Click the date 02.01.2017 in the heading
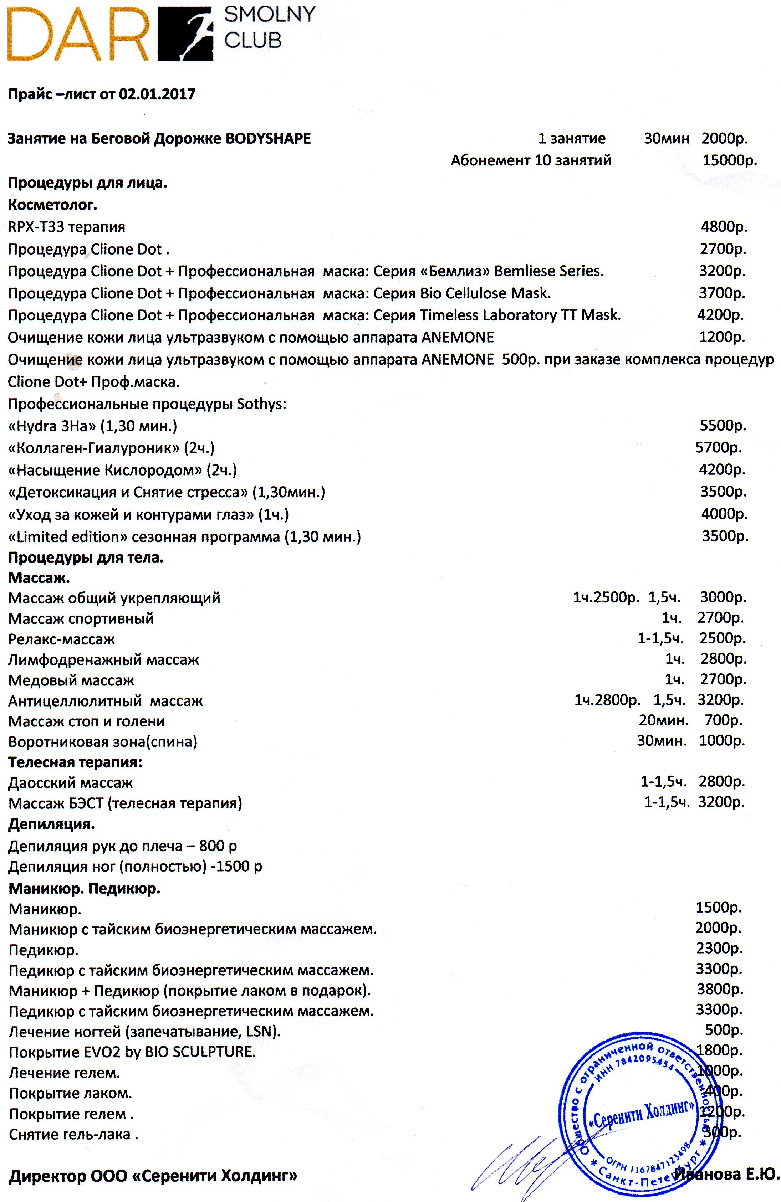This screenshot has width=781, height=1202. [157, 94]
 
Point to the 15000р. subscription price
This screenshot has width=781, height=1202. [730, 161]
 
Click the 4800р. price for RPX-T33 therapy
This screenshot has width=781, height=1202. [724, 227]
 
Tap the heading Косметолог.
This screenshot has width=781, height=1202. [52, 205]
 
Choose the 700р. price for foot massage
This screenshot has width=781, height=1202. [724, 721]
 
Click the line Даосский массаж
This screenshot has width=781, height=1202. [71, 783]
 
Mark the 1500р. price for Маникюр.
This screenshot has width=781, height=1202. [718, 908]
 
